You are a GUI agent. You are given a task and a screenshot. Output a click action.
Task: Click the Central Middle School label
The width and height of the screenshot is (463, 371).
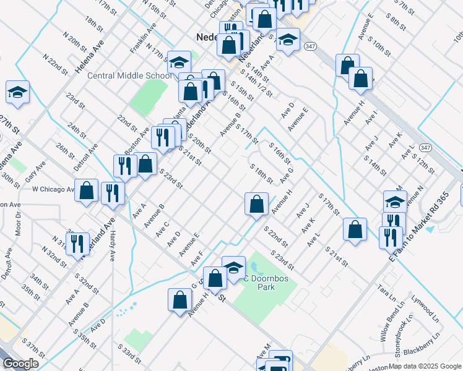[x=129, y=75]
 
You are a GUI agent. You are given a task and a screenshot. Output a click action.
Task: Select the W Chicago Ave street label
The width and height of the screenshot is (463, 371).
[x=53, y=189]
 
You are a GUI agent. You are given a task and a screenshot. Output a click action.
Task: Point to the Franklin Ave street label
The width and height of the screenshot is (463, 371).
[x=143, y=38]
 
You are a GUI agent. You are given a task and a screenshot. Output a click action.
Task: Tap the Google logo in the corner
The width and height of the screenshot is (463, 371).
[x=20, y=364]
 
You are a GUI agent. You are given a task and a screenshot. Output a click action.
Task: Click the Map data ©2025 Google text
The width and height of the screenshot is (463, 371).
[x=424, y=366]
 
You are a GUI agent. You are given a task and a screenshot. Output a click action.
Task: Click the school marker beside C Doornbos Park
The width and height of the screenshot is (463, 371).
[x=233, y=267]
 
